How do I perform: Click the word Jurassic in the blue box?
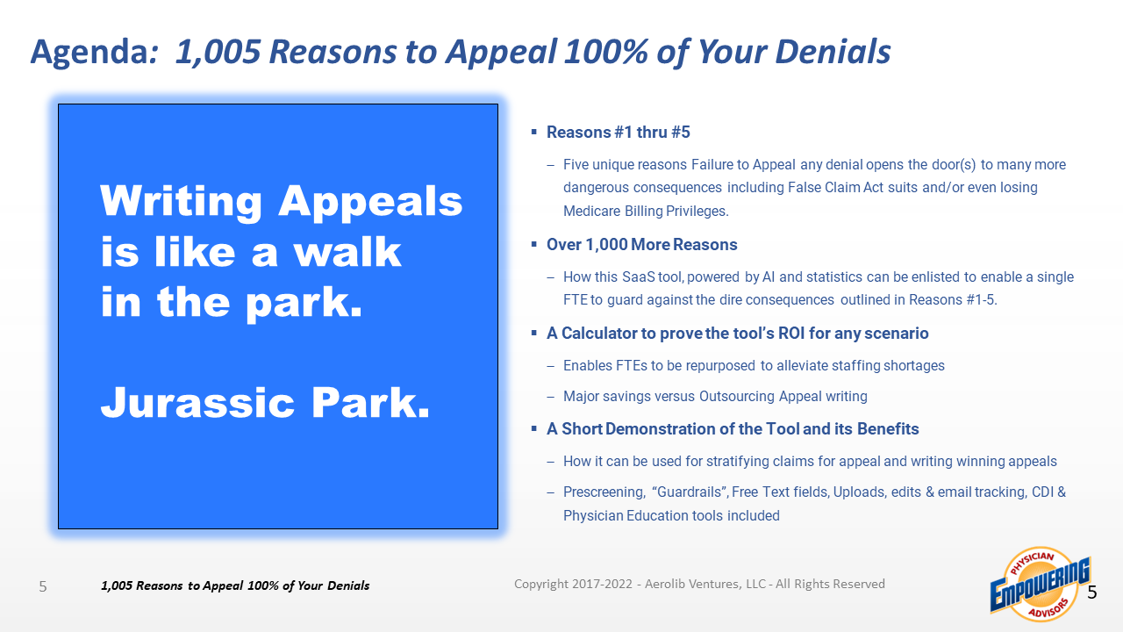click(x=197, y=402)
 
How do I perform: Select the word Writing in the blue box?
click(x=181, y=202)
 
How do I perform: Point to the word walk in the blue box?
click(x=347, y=251)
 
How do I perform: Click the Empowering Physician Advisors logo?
click(x=1040, y=585)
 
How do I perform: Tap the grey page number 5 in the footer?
click(x=43, y=586)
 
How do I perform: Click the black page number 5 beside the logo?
click(x=1092, y=592)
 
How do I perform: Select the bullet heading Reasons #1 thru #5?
click(x=619, y=133)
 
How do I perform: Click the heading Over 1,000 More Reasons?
click(x=641, y=245)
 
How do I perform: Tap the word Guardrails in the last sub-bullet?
click(x=689, y=492)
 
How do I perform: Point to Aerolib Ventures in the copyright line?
click(x=690, y=584)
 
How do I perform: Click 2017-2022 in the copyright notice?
click(x=602, y=584)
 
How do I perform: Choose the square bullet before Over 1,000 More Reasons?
click(x=534, y=244)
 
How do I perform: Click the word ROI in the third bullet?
click(x=791, y=333)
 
